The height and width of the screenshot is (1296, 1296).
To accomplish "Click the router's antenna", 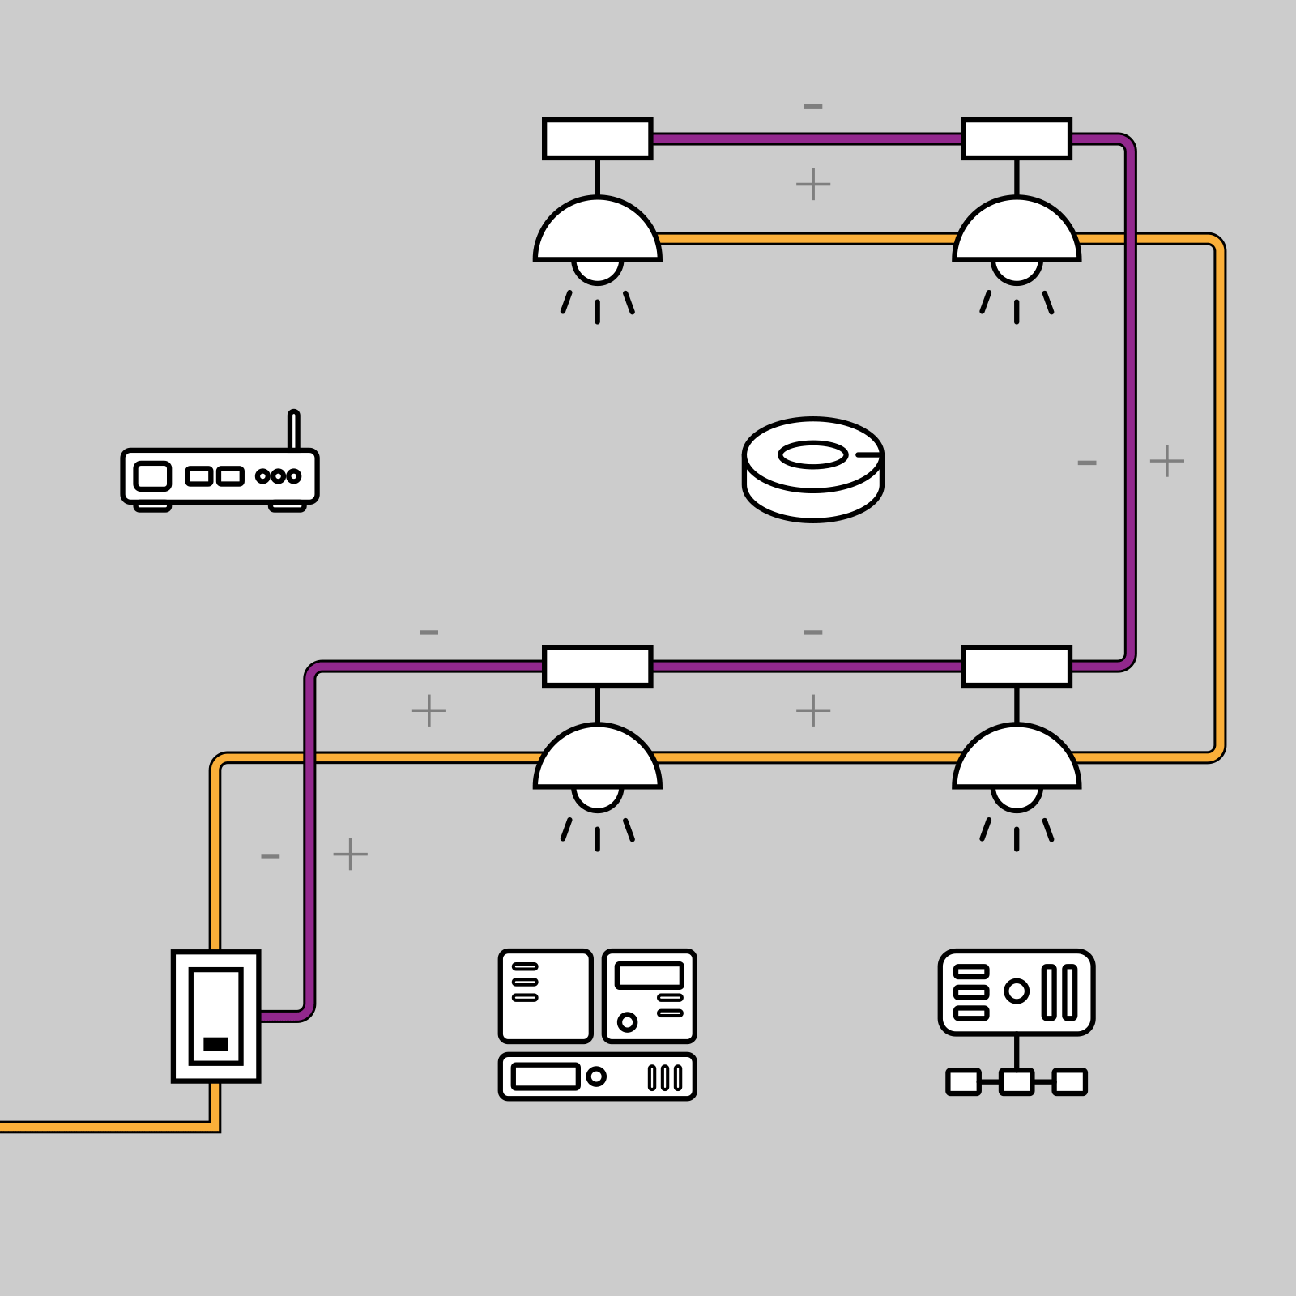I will pos(293,429).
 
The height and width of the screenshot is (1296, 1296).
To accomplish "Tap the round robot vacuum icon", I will pos(812,469).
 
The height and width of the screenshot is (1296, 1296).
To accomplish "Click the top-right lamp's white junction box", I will pos(1017,139).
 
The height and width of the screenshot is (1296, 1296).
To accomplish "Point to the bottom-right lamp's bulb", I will pos(1017,798).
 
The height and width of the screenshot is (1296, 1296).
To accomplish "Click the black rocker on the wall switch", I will pos(215,1043).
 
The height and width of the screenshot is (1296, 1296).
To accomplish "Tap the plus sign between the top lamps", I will pos(813,185).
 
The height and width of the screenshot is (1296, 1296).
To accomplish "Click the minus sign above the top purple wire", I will pos(813,106).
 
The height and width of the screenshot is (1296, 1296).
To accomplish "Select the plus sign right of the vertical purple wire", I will pos(1166,461).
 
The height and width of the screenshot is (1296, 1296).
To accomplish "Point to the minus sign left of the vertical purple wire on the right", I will pos(1087,463).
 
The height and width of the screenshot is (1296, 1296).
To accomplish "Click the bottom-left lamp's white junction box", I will pos(598,666).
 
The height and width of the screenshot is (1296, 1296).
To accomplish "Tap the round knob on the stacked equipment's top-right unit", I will pos(627,1021).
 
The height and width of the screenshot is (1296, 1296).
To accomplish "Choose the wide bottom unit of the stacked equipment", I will pos(598,1076).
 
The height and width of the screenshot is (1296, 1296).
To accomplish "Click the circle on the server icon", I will pos(1016,991).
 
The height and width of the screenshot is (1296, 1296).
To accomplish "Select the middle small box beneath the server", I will pos(1017,1081).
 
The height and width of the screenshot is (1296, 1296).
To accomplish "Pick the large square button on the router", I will pos(152,476).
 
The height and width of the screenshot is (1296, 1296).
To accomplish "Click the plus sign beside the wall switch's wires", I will pos(350,854).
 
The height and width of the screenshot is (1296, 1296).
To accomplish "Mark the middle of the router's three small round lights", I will pos(278,476).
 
